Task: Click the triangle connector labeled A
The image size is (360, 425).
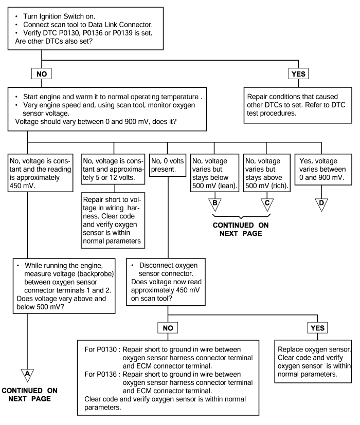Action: coord(27,375)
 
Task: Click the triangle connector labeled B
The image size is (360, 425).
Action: coord(215,205)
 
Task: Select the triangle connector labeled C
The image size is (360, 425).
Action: coord(267,205)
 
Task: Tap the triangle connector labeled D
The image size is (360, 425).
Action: coord(321,205)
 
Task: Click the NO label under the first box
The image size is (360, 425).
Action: coord(42,73)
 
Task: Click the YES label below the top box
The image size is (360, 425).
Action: coord(298,73)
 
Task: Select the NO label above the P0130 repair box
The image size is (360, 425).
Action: coord(168,328)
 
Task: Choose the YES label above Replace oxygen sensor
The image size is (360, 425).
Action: coord(317,328)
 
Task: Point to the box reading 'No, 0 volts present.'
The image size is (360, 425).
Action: coord(168,165)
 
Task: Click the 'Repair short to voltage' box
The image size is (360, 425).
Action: coord(113,220)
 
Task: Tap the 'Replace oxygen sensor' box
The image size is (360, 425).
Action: coord(313,362)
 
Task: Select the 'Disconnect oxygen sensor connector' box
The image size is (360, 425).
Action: coord(166,282)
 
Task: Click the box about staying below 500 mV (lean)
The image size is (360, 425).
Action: coord(214,173)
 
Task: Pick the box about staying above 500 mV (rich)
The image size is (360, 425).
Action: coord(267,173)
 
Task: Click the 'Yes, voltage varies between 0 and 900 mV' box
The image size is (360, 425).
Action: coord(323,170)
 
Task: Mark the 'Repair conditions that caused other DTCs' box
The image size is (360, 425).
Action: coord(298,105)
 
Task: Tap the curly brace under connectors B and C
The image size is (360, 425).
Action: coord(241,216)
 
